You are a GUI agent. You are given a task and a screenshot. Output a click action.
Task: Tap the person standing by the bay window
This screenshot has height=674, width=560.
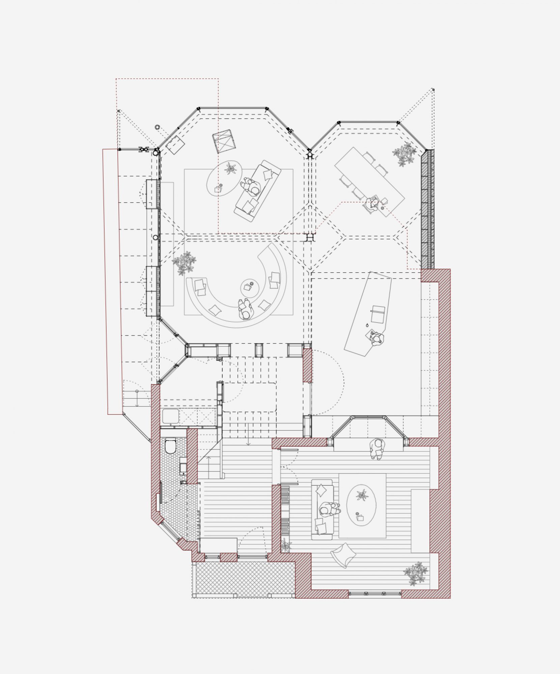click(377, 448)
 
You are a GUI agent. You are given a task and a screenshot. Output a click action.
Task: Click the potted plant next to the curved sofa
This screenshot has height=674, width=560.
click(184, 262)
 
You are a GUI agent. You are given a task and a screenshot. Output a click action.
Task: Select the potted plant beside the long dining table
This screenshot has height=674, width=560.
click(404, 154)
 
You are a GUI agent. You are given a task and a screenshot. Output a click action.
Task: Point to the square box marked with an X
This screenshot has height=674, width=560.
click(224, 141)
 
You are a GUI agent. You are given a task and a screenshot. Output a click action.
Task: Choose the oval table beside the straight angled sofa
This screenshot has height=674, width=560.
click(224, 177)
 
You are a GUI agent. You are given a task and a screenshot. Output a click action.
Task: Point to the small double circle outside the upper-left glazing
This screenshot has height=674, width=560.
click(157, 127)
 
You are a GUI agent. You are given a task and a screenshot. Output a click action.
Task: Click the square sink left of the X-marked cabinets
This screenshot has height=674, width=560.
click(171, 417)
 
